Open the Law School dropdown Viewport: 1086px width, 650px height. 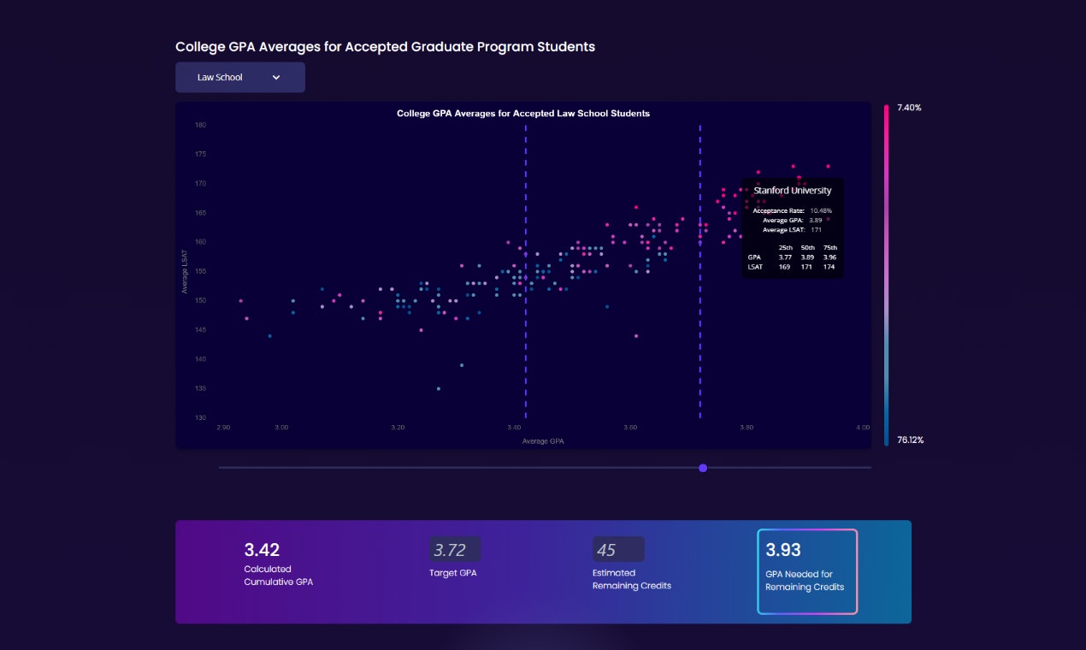239,77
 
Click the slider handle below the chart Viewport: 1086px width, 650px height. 703,468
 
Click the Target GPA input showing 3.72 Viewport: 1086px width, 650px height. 455,550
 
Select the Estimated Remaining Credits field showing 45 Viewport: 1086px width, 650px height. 617,550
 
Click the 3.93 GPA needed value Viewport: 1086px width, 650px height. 783,550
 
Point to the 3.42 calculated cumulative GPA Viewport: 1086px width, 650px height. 262,550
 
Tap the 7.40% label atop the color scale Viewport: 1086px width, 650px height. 909,108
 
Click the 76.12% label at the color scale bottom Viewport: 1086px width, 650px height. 910,440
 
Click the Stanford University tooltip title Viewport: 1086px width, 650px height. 792,191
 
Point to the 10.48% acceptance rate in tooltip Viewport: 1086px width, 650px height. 821,210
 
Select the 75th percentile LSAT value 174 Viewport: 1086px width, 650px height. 829,267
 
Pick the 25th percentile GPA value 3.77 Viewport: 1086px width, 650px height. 785,257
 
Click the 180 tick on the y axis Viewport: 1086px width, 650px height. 200,125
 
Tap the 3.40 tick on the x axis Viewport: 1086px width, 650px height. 514,427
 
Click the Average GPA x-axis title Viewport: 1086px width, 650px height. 543,441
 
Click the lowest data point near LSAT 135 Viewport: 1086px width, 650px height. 439,388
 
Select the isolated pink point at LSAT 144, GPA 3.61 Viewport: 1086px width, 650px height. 636,336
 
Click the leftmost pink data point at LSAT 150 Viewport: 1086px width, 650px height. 240,301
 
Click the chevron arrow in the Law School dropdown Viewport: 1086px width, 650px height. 276,77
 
